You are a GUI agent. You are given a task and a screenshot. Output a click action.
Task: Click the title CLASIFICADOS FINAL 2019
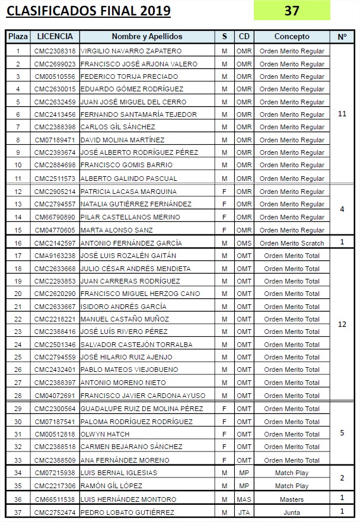pyautogui.click(x=88, y=11)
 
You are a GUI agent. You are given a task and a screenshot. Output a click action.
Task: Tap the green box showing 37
pyautogui.click(x=292, y=11)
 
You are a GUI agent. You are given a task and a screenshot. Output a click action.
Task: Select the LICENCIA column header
pyautogui.click(x=55, y=36)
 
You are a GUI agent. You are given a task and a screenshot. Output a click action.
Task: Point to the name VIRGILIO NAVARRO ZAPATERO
pyautogui.click(x=123, y=51)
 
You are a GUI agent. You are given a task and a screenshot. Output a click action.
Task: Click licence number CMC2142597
pyautogui.click(x=55, y=243)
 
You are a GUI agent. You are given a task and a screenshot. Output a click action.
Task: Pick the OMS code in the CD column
pyautogui.click(x=244, y=243)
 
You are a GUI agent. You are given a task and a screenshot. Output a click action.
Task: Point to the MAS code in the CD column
pyautogui.click(x=244, y=499)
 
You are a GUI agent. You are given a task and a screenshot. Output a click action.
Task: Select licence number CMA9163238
pyautogui.click(x=55, y=256)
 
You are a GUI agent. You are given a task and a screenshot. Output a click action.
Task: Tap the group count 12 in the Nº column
pyautogui.click(x=342, y=324)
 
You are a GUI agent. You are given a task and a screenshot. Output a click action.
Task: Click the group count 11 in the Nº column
pyautogui.click(x=342, y=114)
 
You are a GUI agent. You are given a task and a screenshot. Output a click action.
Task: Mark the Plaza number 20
pyautogui.click(x=18, y=294)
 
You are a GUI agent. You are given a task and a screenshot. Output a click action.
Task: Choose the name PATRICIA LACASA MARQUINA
pyautogui.click(x=128, y=192)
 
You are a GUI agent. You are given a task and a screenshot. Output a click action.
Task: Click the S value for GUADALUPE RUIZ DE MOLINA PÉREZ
pyautogui.click(x=224, y=409)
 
